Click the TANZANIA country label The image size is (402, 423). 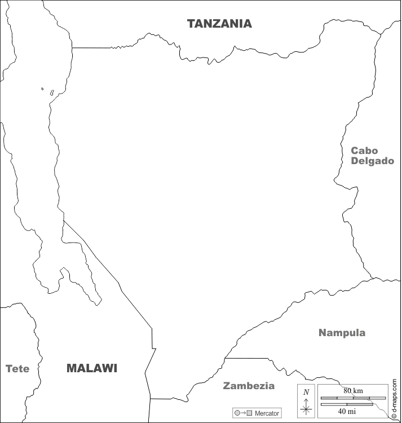pos(219,24)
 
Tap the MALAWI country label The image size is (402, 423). pos(91,368)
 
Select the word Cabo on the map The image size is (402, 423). pos(364,151)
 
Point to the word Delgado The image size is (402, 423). pos(372,161)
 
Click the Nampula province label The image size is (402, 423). pos(342,333)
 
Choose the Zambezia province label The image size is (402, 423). pos(249,386)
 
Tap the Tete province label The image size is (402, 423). pos(17,369)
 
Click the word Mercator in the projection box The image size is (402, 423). pos(267,413)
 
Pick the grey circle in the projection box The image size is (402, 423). pos(237,413)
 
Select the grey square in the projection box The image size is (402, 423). pos(249,413)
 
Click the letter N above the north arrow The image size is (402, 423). pos(306,392)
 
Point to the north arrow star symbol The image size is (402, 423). pos(306,408)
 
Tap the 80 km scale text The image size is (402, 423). pos(353,390)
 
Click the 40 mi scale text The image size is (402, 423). pos(346,411)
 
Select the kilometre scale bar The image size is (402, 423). pos(346,398)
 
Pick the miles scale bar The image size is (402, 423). pos(346,404)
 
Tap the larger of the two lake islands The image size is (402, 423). pos(52,92)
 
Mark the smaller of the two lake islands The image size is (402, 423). pos(42,89)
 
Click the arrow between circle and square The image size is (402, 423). pos(243,413)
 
